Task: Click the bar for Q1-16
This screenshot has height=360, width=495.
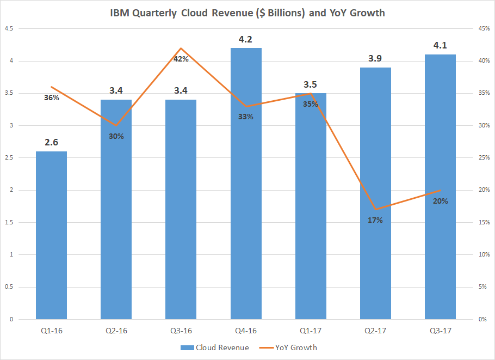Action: coord(51,235)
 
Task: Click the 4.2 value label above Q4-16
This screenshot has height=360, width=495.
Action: coord(246,39)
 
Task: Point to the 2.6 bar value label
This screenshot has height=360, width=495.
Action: coord(51,143)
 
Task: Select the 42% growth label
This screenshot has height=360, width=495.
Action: coord(181,59)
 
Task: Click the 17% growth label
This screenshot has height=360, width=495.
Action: coord(375,221)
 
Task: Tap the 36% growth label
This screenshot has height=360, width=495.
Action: coord(52,97)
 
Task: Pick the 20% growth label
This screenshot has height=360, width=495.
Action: coord(440,201)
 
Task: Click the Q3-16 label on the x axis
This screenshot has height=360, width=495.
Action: coord(181,330)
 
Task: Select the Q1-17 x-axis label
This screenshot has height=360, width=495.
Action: coord(311,330)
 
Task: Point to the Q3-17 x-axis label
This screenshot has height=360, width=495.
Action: coord(440,330)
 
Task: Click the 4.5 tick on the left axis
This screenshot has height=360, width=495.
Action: coord(9,28)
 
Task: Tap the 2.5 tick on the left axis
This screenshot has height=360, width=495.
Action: coord(9,158)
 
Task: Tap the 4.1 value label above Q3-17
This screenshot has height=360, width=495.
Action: coord(440,46)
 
